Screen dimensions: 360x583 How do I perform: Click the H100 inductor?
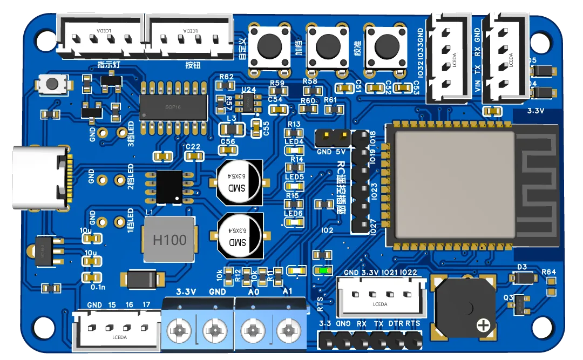[x=169, y=240]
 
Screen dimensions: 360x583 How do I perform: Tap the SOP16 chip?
[x=173, y=107]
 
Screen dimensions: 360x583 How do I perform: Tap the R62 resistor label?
[x=226, y=77]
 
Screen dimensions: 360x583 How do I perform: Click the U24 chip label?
[x=249, y=90]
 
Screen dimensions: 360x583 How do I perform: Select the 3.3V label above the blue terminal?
[x=186, y=292]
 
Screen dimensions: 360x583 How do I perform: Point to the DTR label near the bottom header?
[x=396, y=324]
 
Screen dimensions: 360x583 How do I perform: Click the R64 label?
[x=548, y=272]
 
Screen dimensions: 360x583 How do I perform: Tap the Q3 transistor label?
[x=508, y=298]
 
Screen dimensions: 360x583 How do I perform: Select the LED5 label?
[x=294, y=176]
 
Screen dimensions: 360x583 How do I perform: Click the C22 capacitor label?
[x=193, y=147]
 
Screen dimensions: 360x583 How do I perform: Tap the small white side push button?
[x=52, y=84]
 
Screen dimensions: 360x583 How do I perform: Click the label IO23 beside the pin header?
[x=374, y=190]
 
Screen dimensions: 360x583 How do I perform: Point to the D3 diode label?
[x=522, y=267]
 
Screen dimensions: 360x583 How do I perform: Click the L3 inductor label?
[x=232, y=118]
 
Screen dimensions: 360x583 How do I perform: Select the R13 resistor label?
[x=294, y=125]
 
